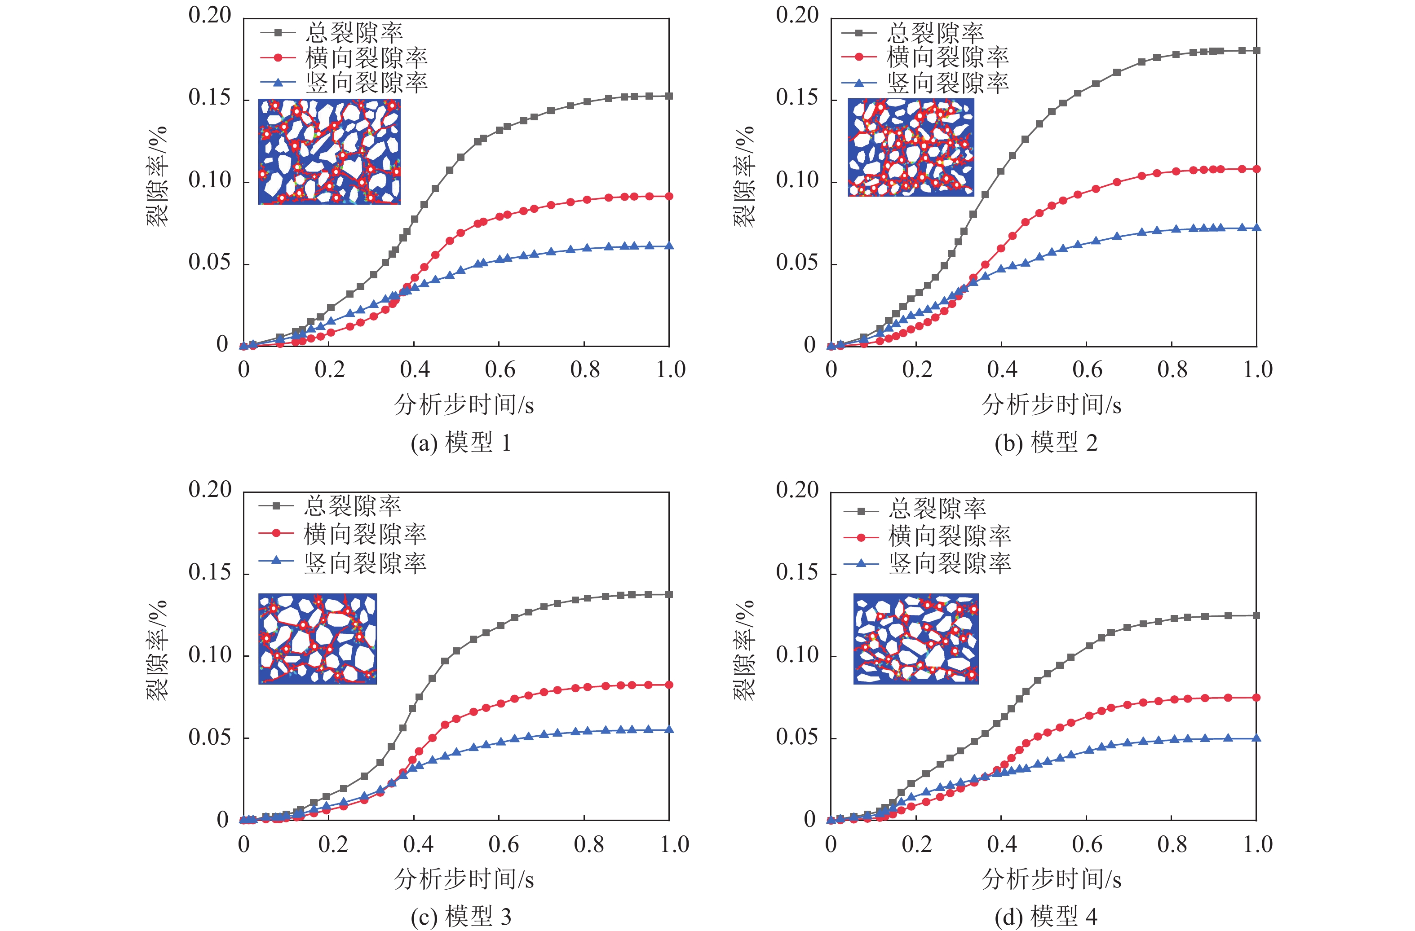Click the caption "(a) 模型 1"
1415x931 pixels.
point(461,443)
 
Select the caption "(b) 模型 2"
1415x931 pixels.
point(1046,443)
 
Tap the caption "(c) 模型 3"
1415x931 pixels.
point(461,917)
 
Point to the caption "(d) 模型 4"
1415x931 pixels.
point(1046,917)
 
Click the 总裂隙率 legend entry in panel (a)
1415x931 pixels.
point(354,33)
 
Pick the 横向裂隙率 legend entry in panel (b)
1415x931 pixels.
point(948,57)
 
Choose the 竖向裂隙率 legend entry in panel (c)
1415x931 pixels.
point(364,562)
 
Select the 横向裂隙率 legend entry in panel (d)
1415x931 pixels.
point(950,536)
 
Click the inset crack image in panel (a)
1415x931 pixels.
point(329,152)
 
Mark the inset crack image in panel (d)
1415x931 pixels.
point(915,639)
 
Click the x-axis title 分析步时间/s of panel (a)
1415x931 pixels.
point(464,405)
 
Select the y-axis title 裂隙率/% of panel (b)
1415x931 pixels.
point(743,177)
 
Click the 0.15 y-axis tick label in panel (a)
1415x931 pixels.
point(209,97)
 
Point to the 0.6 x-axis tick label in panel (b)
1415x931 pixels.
point(1087,369)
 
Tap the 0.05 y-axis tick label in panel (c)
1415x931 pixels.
point(209,738)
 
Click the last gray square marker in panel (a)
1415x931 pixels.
point(669,96)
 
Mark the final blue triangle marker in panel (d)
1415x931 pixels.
point(1256,738)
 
